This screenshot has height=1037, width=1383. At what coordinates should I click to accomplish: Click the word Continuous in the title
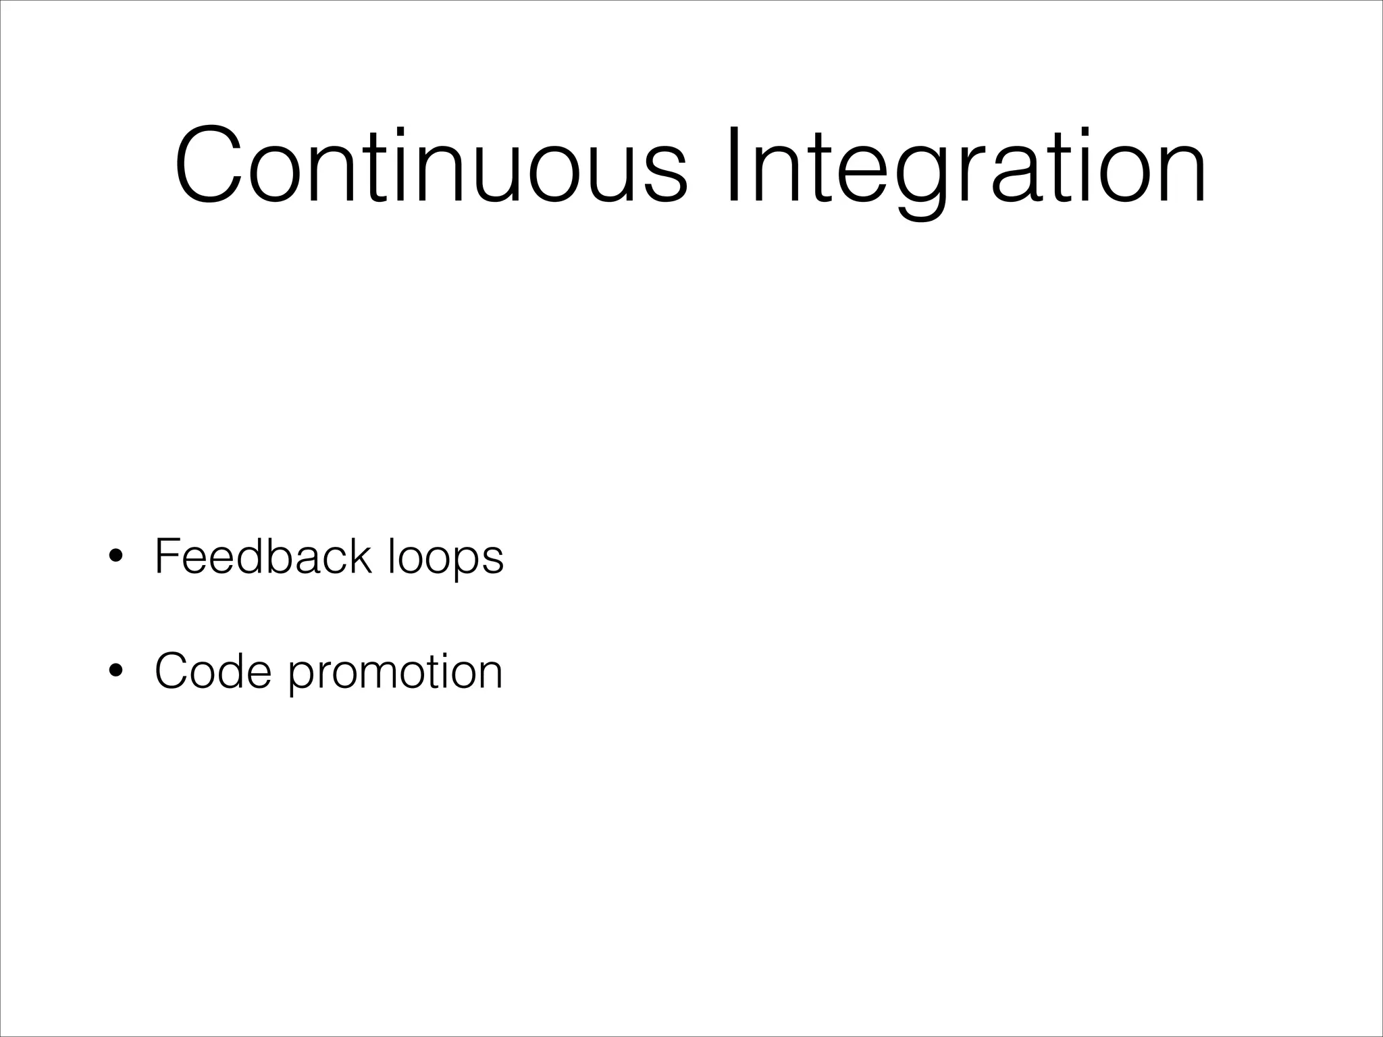point(431,166)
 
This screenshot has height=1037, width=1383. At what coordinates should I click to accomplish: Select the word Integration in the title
point(966,166)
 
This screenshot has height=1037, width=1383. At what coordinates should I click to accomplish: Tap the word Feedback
point(263,556)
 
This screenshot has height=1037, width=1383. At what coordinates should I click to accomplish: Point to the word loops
point(446,558)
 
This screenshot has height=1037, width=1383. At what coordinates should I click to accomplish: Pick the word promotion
point(396,672)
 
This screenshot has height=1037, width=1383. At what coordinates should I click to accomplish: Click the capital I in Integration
point(735,165)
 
